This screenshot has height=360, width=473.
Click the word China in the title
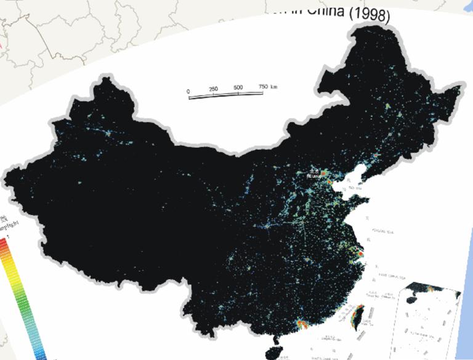326,12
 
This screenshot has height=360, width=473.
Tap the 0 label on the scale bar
188,91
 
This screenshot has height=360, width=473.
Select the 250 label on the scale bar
214,89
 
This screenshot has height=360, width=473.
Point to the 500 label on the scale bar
239,87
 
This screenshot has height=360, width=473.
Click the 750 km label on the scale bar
267,86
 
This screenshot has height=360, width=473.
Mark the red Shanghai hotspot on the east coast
359,252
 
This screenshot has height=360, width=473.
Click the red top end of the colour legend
4,242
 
